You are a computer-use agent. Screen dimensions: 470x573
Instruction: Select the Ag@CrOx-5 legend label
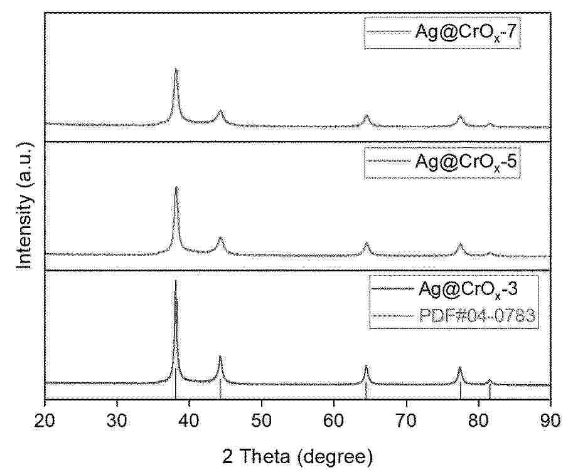click(468, 162)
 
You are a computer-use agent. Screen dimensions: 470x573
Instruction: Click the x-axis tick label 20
click(45, 418)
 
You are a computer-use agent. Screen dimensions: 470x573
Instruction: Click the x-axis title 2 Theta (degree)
click(297, 454)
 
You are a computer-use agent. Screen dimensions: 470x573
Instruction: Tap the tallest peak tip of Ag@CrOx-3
click(176, 281)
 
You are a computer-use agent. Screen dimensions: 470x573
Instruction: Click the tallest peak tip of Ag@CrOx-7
click(176, 68)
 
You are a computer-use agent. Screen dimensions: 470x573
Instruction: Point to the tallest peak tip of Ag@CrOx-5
click(176, 187)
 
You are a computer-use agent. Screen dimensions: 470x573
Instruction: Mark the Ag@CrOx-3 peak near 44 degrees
click(220, 357)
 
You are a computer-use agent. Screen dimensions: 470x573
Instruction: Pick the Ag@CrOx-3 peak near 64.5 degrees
click(366, 366)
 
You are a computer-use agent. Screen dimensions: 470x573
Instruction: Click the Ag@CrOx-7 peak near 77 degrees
click(460, 116)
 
